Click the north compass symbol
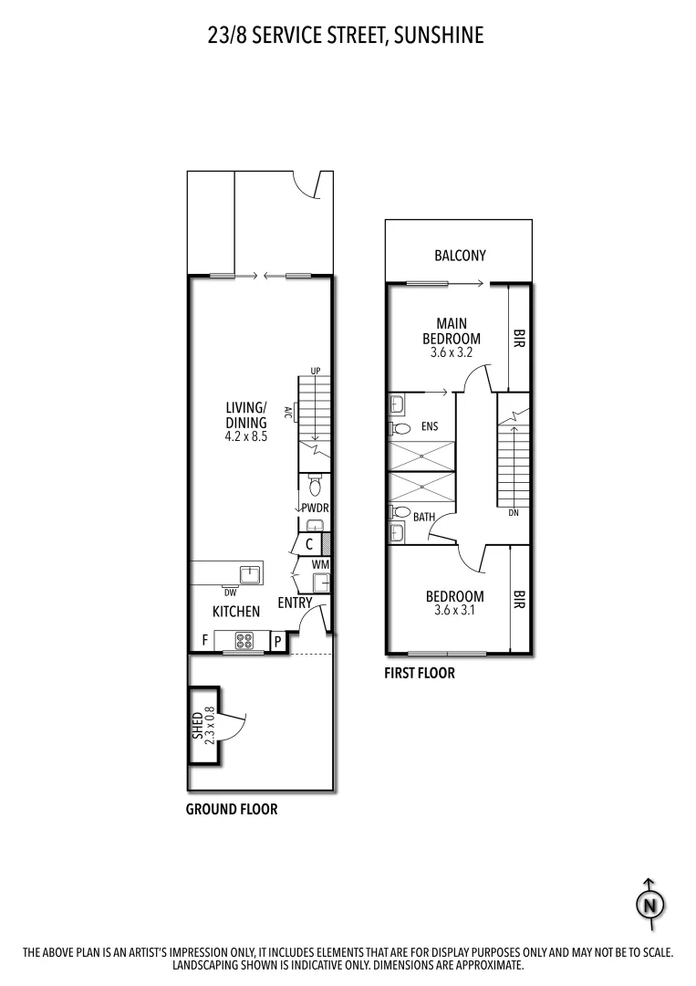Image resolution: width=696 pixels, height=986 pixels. coord(649,904)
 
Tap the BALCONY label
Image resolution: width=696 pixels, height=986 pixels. coord(460,256)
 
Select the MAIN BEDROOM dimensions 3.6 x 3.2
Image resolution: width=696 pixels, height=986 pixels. coord(451,352)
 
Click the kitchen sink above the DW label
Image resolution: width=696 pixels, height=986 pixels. coord(249,573)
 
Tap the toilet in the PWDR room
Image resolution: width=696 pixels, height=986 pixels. coord(315,487)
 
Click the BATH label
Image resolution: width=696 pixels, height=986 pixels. coord(423,517)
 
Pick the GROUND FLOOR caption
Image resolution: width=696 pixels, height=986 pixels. coord(232,809)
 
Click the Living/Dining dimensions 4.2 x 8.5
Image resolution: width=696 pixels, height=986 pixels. coord(245,436)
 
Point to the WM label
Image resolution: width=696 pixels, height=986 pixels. coord(320,565)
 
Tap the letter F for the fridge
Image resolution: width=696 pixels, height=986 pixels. coord(204,641)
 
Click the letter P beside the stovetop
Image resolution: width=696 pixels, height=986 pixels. coord(277,642)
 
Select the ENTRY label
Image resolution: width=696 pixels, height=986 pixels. coord(295,603)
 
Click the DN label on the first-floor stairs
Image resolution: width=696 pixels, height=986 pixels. coord(513,513)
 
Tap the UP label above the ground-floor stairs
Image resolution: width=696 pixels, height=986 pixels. coord(316,371)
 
